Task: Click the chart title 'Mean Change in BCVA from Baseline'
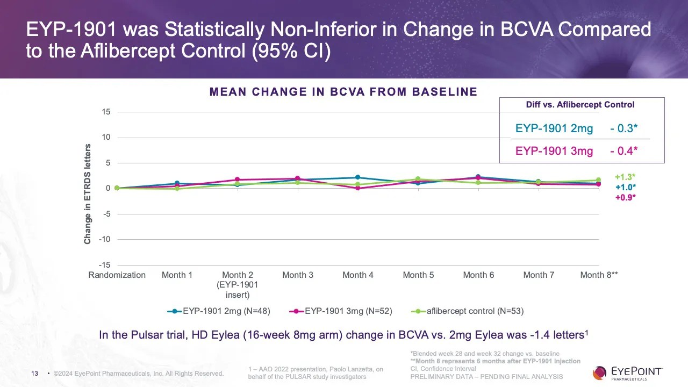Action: pos(343,92)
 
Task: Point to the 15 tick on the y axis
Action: pos(105,112)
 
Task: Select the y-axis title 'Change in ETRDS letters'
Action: pos(87,194)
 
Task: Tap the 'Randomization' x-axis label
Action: pos(117,275)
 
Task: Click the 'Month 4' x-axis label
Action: pos(357,275)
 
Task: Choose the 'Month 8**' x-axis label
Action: pos(599,275)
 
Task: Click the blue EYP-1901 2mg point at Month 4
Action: pos(358,177)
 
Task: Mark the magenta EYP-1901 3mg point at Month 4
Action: pos(358,188)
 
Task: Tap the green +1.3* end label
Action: pos(626,177)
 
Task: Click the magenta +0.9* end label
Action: pos(626,197)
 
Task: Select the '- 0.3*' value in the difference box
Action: pos(623,128)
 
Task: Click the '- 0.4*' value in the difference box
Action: pos(623,151)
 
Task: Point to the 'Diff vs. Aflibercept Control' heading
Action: pos(580,105)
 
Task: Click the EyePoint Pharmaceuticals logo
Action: pos(627,372)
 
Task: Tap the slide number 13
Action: pos(35,373)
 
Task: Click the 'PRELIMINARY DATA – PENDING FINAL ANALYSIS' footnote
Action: pos(486,377)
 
